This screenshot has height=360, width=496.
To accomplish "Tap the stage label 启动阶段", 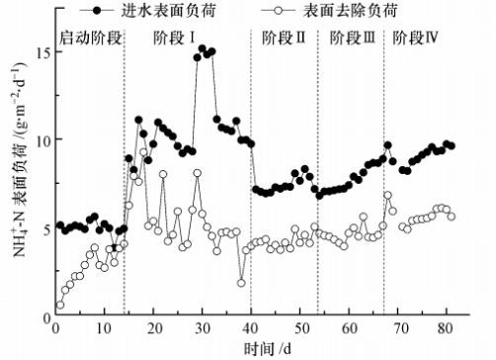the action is point(91,38).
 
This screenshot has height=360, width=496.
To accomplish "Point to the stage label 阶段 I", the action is point(174,38).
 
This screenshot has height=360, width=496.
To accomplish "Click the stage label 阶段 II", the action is point(284,38).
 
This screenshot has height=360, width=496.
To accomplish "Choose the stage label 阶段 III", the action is point(353,38).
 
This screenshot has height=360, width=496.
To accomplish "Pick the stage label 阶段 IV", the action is point(415,38).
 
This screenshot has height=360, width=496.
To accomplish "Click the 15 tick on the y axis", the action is point(43,52).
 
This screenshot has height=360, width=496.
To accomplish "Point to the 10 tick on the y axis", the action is point(43,139).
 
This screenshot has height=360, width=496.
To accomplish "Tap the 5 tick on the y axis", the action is point(47,228).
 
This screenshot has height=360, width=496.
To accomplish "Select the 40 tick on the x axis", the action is point(251,328).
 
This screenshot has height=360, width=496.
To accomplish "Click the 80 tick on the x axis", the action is point(447,328).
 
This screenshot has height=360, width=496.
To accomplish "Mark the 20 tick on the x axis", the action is point(153,328).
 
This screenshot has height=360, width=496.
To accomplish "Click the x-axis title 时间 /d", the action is point(268,348).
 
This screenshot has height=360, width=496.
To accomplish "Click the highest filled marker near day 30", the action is point(203,49).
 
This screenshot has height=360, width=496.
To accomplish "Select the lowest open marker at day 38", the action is point(241,283).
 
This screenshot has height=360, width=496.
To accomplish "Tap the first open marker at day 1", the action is point(60,305).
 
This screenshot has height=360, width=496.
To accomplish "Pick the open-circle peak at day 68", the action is point(388,196).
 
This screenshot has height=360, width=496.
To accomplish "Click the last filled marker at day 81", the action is point(452,145).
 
